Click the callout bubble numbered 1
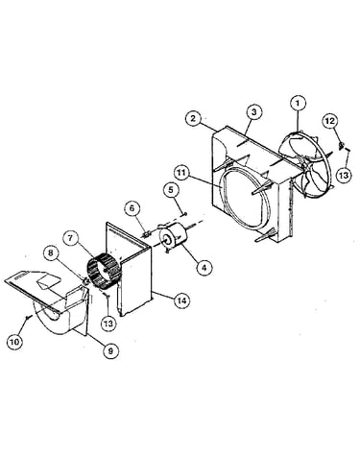[x=299, y=104]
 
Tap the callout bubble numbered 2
[x=194, y=118]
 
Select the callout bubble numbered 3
[x=253, y=112]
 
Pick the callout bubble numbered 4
[x=204, y=267]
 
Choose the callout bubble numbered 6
[x=132, y=208]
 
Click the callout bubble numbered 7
[x=71, y=237]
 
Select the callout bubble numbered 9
[x=110, y=351]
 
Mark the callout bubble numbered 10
[x=14, y=342]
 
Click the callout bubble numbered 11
[x=181, y=173]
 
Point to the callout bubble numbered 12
[x=330, y=121]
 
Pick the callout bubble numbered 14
[x=182, y=300]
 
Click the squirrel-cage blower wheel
[x=104, y=269]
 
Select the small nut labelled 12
[x=342, y=146]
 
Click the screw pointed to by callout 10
[x=29, y=317]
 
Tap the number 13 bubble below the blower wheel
[x=108, y=324]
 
